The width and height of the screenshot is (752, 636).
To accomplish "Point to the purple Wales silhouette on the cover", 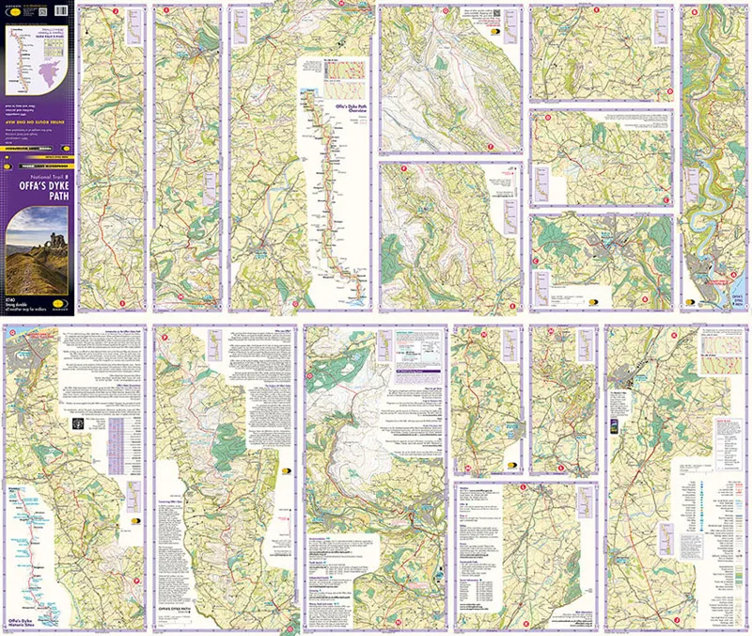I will [x=38, y=72].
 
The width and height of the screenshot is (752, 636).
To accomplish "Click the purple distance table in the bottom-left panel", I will [x=117, y=433].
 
